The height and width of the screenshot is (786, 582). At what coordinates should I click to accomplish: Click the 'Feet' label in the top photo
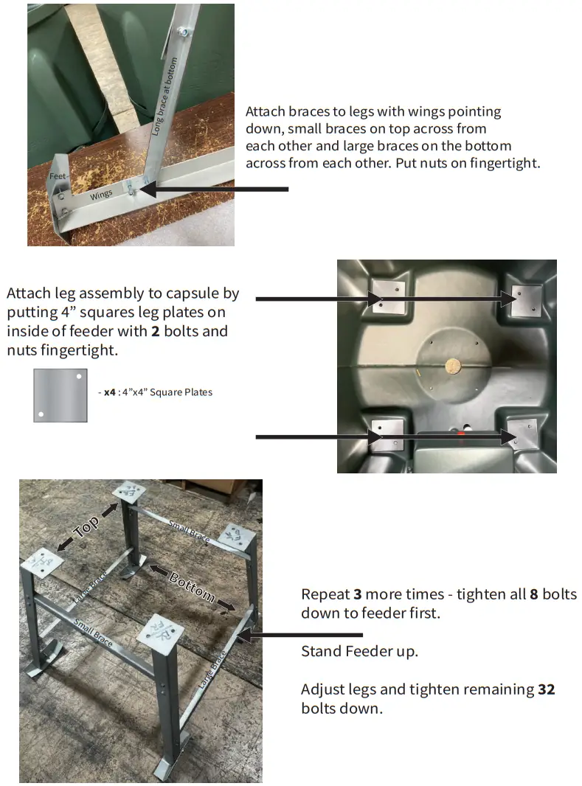[58, 177]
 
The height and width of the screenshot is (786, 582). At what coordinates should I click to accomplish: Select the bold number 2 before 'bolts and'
[155, 331]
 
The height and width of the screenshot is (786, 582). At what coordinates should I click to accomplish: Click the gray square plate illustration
[60, 395]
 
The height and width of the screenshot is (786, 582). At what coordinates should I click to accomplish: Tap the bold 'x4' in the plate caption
[109, 392]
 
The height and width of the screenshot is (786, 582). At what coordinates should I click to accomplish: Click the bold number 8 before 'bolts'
[534, 594]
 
